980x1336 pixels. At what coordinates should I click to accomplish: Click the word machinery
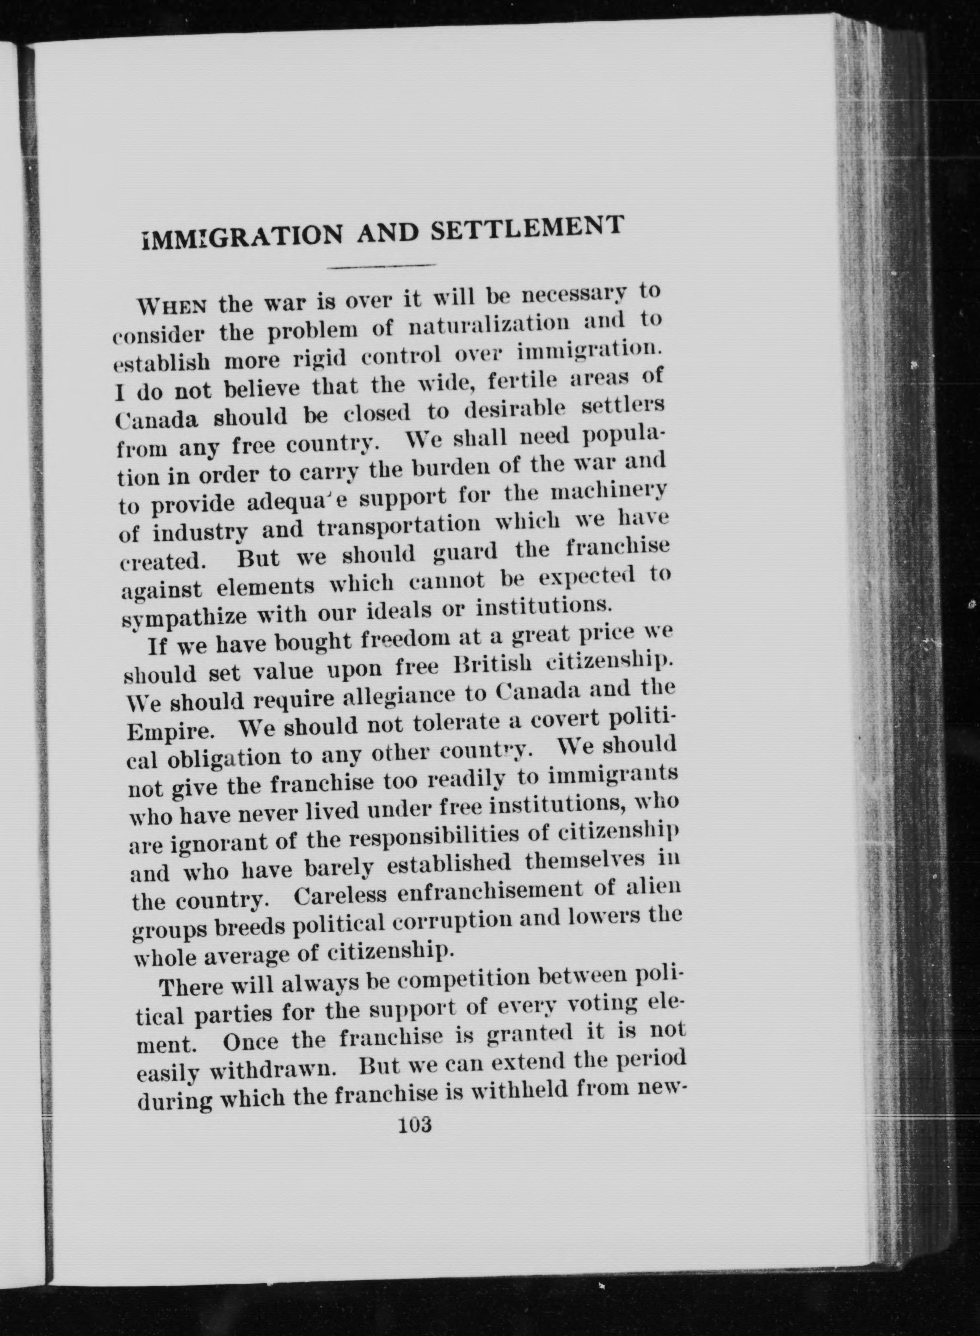609,492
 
